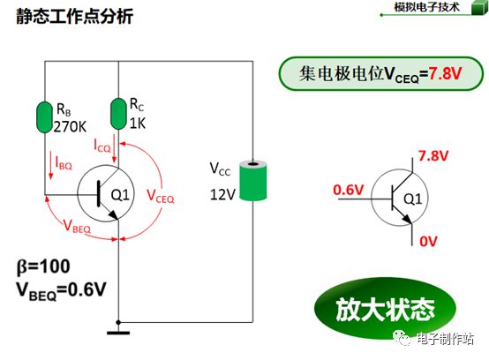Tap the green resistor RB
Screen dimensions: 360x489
(45, 116)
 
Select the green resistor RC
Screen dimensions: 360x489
(118, 113)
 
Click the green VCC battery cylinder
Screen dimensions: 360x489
(252, 181)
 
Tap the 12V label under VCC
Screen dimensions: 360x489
(223, 192)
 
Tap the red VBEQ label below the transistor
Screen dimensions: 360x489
(79, 227)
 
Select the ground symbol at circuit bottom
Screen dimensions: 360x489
(118, 333)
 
